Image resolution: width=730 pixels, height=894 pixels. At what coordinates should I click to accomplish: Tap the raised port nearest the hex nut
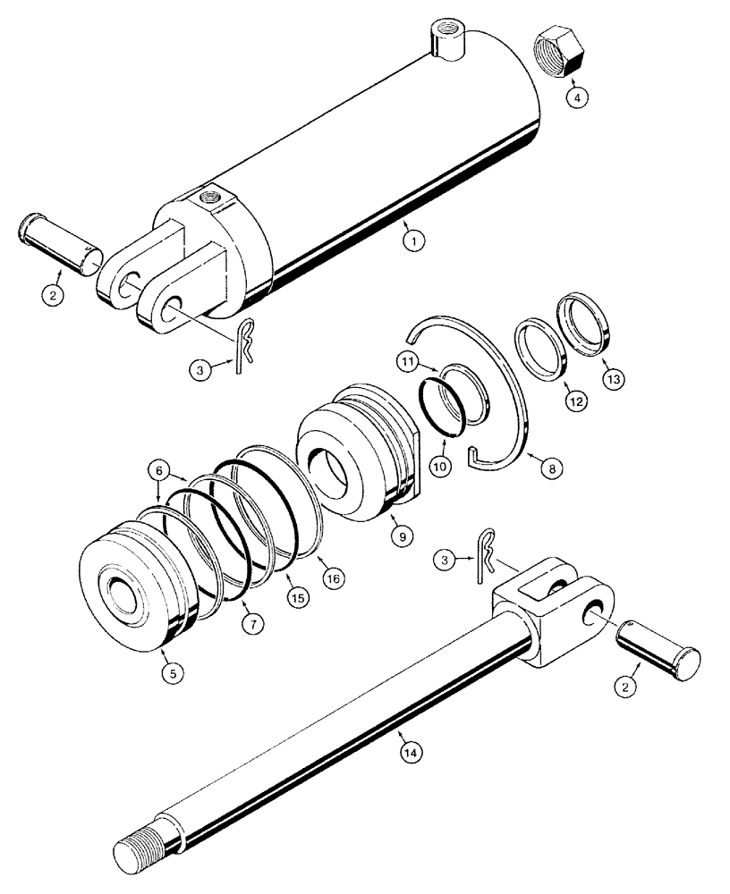[443, 41]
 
